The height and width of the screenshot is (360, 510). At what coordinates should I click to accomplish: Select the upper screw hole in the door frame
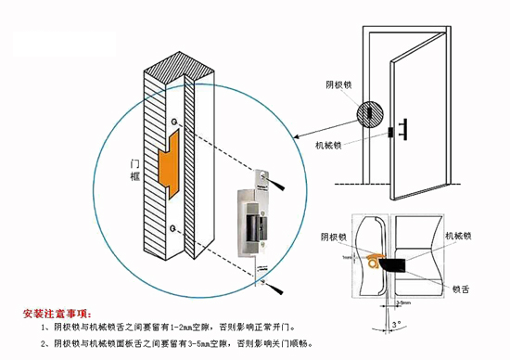(x=173, y=120)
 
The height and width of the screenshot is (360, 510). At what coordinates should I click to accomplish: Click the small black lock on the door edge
(x=389, y=132)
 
